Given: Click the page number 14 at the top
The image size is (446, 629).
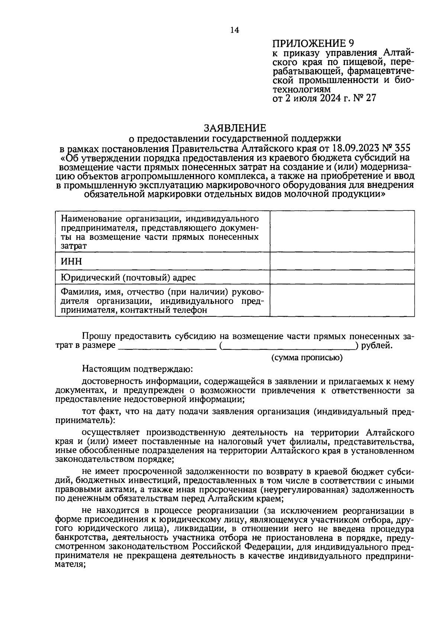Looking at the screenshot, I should coord(235,30).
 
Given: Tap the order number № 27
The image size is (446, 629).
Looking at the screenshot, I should coord(365,98).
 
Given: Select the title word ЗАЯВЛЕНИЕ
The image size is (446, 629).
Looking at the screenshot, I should coord(235,128).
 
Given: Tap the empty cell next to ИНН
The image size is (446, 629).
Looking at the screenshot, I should coord(342,261).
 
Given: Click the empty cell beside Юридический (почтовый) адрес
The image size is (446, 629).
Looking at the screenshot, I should coord(342,277).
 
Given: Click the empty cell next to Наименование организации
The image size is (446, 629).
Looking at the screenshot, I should coord(342,232).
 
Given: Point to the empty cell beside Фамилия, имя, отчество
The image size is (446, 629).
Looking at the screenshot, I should coord(342,300).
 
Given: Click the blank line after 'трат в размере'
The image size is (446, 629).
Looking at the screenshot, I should coord(167,346).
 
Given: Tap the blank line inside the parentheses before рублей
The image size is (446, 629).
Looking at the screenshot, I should coord(288,346).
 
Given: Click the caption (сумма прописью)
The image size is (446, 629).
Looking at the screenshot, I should coord(307,358).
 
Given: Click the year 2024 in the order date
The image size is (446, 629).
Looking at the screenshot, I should coord(326,98).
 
